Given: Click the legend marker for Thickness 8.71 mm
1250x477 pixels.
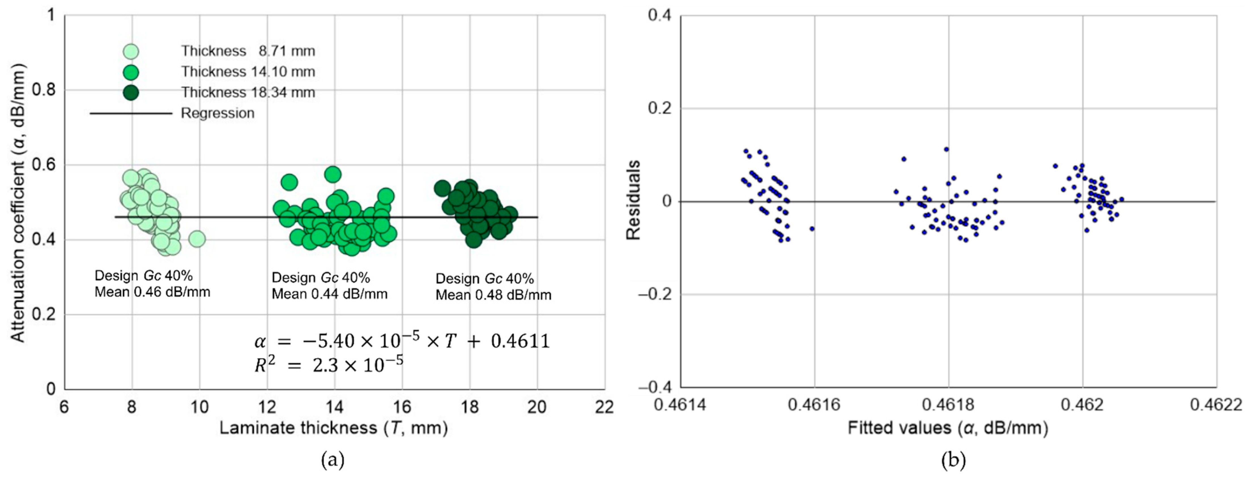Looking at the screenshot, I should pos(131,52).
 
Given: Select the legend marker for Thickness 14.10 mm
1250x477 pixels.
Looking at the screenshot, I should pos(131,72).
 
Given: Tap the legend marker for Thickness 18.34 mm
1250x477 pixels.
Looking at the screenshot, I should pos(131,93).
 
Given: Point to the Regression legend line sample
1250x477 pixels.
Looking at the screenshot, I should pos(131,114).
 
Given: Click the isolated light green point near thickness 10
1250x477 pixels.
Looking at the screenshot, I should pos(197,239).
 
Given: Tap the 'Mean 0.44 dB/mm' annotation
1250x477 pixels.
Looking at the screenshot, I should pos(329,294).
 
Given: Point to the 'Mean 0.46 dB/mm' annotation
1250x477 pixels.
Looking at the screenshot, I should pos(152,292).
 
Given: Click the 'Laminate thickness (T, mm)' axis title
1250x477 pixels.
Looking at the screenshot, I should pos(333,428).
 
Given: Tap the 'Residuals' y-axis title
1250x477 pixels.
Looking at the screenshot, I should pos(633,200).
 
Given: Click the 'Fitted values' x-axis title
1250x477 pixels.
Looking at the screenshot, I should pos(948,428).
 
